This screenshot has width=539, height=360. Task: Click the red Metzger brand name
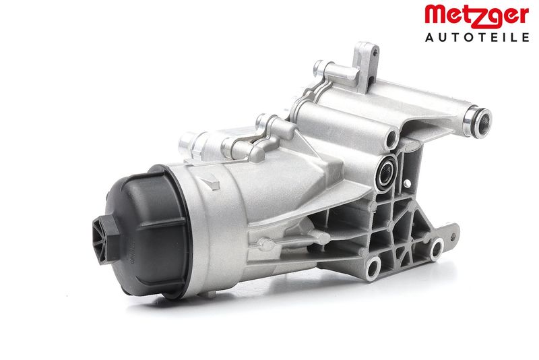point(477,16)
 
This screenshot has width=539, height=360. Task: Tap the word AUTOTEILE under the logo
point(477,37)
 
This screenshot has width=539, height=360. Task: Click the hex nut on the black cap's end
point(105,239)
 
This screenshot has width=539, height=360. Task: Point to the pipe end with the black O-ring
point(478,123)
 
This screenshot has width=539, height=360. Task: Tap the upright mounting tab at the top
point(367,66)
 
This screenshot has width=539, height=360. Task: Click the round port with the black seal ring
point(387,171)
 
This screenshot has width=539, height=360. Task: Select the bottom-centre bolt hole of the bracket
point(373,268)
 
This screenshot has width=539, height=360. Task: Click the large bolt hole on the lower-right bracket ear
point(436,249)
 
